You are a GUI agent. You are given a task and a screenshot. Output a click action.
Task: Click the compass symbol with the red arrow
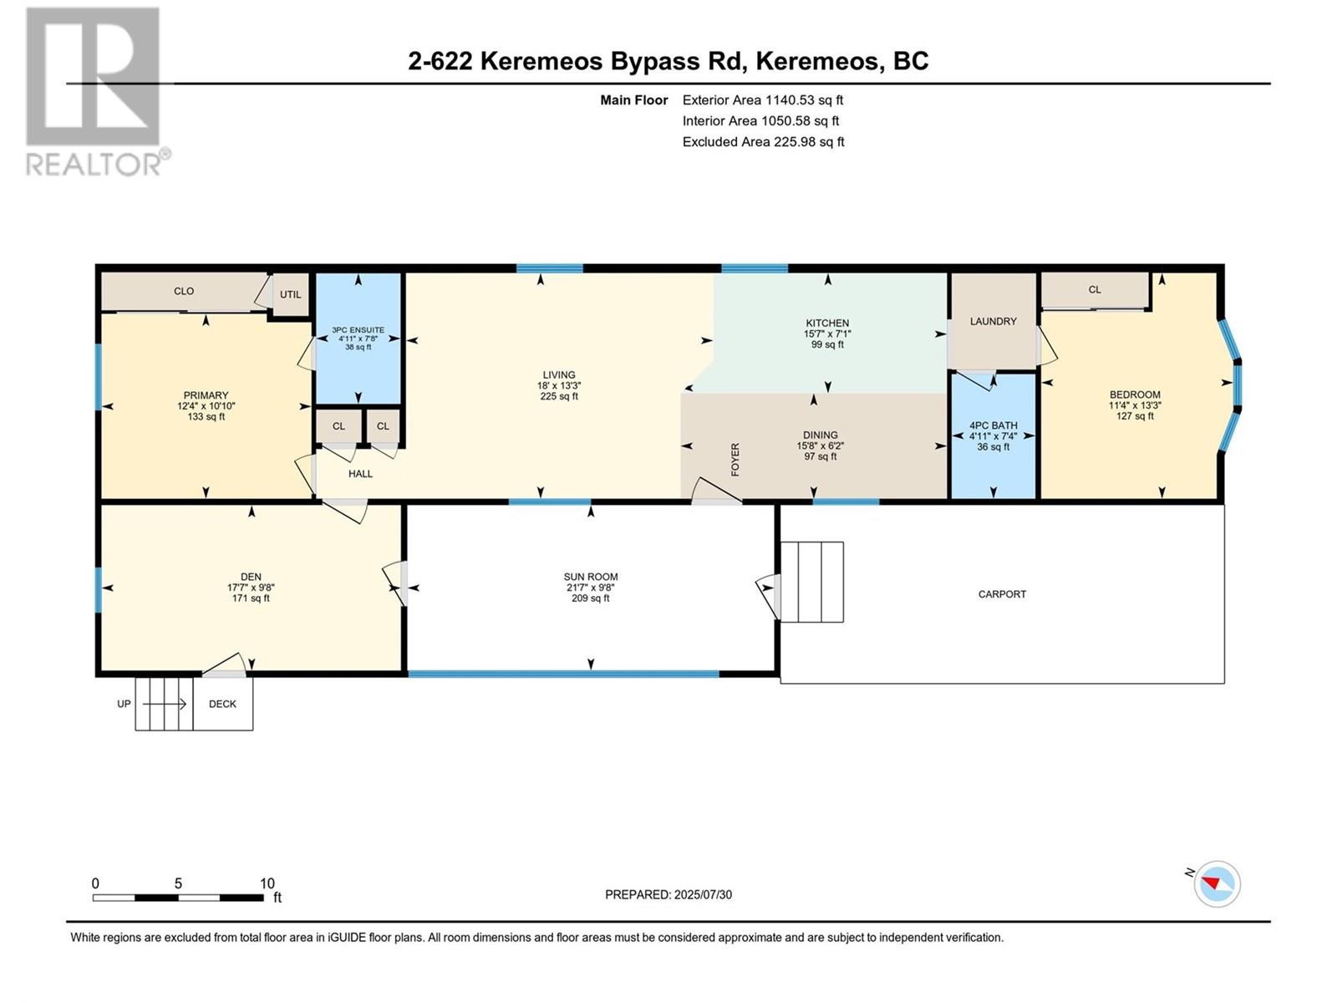[x=1217, y=884]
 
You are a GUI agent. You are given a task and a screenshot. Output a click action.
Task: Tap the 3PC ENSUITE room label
[x=358, y=330]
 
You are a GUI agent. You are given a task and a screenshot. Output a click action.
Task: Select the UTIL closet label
[x=291, y=294]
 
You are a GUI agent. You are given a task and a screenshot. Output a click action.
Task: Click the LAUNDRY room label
[x=993, y=321]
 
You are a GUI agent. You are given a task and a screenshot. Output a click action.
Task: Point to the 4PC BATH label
[x=993, y=425]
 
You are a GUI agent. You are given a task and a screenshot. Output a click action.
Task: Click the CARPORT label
[x=1002, y=594]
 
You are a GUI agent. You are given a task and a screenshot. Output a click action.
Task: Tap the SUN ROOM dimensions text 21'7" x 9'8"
[x=590, y=588]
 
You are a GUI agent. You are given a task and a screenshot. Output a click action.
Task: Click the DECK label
[x=222, y=704]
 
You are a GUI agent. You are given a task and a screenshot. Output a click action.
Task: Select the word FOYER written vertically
[x=735, y=460]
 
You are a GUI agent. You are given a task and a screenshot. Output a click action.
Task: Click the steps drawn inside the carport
[x=811, y=582]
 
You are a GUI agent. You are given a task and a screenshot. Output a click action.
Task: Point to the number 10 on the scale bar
[x=267, y=883]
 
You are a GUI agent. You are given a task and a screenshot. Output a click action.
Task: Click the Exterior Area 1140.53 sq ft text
[x=762, y=99]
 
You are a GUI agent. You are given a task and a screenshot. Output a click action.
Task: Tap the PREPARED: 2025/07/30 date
[x=668, y=894]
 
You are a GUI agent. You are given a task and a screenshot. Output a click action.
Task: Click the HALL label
[x=360, y=474]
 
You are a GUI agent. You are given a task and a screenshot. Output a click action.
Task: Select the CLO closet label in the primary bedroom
[x=184, y=291]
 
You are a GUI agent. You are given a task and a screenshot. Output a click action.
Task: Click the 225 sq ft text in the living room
[x=558, y=397]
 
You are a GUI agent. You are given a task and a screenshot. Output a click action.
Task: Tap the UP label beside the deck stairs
[x=124, y=704]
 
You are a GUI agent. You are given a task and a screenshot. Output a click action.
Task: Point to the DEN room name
[x=251, y=577]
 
